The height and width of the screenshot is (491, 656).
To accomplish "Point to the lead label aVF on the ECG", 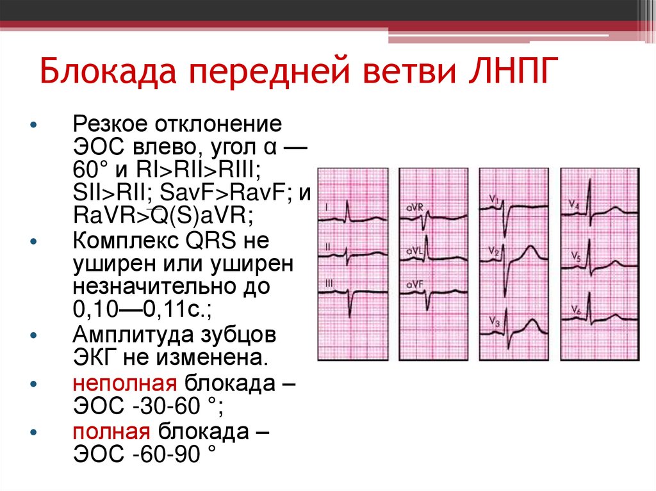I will point(413,284).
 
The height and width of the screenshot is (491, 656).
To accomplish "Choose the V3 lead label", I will point(494,320).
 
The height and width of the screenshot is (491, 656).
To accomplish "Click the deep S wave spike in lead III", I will point(350,314).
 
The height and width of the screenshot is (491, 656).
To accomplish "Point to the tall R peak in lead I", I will point(347,202).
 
